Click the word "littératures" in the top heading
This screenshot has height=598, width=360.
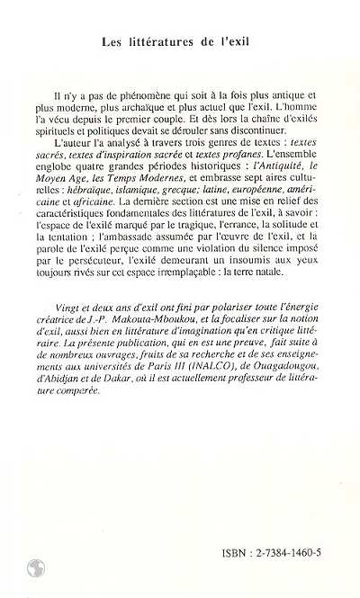click(175, 42)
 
